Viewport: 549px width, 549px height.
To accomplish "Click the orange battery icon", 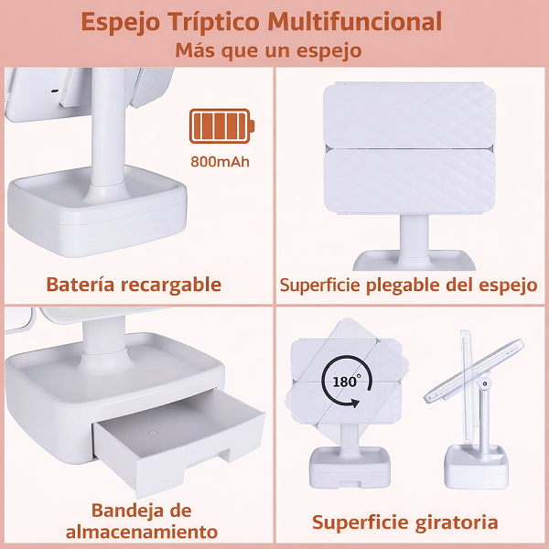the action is (x=221, y=126).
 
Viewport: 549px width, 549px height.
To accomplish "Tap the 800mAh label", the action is (x=220, y=162).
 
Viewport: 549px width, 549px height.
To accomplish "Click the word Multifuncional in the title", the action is (x=354, y=22).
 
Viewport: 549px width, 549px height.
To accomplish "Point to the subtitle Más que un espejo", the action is (x=268, y=50).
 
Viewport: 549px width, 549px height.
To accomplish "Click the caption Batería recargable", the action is (x=134, y=285).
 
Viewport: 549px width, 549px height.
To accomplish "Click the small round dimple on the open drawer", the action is (x=153, y=432).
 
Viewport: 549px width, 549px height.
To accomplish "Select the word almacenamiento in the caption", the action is (x=142, y=533).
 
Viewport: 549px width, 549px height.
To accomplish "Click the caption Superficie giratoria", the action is (x=405, y=522).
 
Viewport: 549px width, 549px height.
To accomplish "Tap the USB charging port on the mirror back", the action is (x=55, y=91).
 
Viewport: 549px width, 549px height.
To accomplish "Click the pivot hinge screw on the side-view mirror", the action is (x=485, y=383).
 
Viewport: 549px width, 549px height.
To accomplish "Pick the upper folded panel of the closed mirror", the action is (x=409, y=115).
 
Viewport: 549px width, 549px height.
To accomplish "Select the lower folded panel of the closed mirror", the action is (x=409, y=181).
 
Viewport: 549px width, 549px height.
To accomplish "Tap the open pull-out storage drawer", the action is (x=178, y=442).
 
